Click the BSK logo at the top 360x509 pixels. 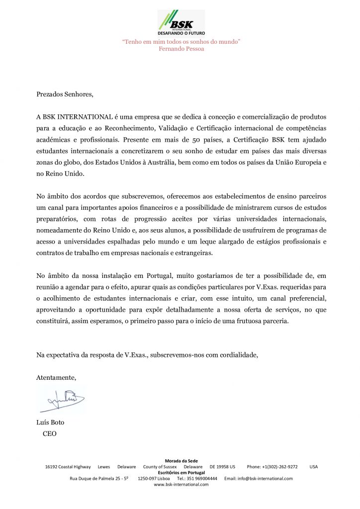(181, 22)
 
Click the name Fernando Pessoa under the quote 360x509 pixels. (181, 49)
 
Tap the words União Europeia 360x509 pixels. (296, 163)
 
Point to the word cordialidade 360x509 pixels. (234, 355)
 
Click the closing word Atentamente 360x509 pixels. (56, 377)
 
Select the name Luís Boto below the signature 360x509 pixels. (50, 423)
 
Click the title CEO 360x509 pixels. (50, 433)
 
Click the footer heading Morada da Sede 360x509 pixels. (181, 461)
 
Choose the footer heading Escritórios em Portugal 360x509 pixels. (181, 472)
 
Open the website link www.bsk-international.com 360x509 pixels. (181, 484)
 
